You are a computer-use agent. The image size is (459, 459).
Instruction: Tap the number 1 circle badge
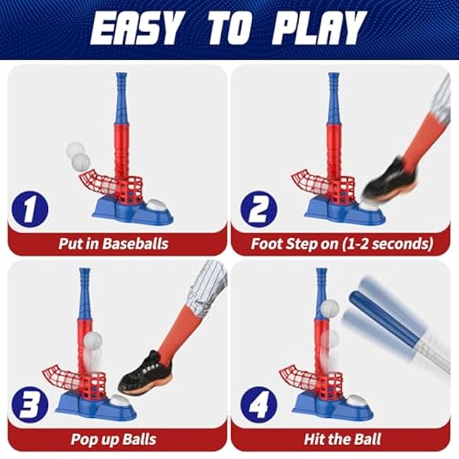(x=30, y=209)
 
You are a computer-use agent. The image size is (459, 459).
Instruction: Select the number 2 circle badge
(x=258, y=209)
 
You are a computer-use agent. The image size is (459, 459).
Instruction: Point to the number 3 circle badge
(x=30, y=405)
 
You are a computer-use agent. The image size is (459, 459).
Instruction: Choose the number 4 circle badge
(x=258, y=405)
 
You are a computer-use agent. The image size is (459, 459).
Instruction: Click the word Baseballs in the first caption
(x=136, y=244)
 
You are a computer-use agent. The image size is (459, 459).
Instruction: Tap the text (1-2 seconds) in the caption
(x=388, y=244)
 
